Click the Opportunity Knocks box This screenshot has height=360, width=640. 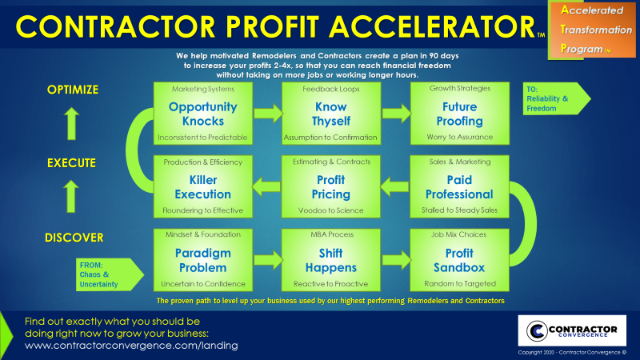coord(203,114)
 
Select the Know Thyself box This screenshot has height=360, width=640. coord(331,114)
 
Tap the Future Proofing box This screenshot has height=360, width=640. coord(459,114)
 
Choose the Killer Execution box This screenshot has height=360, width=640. coord(203,186)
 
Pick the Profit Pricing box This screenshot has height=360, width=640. coord(331,186)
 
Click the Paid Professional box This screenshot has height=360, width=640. coord(459,186)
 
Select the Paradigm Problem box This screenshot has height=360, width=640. coord(203,260)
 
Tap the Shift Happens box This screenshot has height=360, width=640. coord(331,260)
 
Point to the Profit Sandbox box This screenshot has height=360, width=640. coord(459,260)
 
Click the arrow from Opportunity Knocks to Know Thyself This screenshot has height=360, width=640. coord(268,113)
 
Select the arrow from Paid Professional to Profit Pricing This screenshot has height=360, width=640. coord(395,186)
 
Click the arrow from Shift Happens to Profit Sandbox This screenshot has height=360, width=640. coord(396,260)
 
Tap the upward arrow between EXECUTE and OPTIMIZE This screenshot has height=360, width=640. coord(71,124)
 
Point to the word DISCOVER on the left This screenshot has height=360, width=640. coord(74,238)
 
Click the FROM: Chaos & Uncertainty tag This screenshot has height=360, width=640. coord(110,274)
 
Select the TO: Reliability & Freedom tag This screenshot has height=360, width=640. coord(557,98)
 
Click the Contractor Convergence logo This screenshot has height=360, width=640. coord(572,330)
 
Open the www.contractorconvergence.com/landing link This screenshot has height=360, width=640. coord(131,346)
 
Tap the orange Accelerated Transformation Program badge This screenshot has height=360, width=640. coord(592,30)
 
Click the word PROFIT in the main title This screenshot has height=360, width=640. coord(273,27)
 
